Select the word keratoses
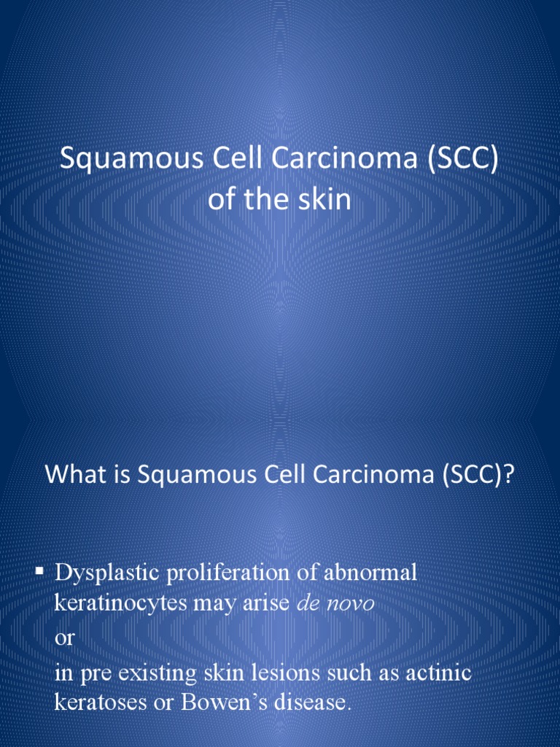pyautogui.click(x=101, y=703)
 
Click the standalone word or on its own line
pyautogui.click(x=65, y=638)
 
